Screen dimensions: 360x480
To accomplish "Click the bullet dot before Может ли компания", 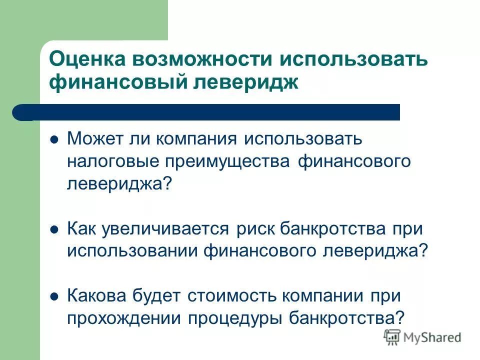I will (55, 138).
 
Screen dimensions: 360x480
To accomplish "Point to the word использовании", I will (131, 250).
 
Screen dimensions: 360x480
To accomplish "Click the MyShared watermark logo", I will (422, 337).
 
